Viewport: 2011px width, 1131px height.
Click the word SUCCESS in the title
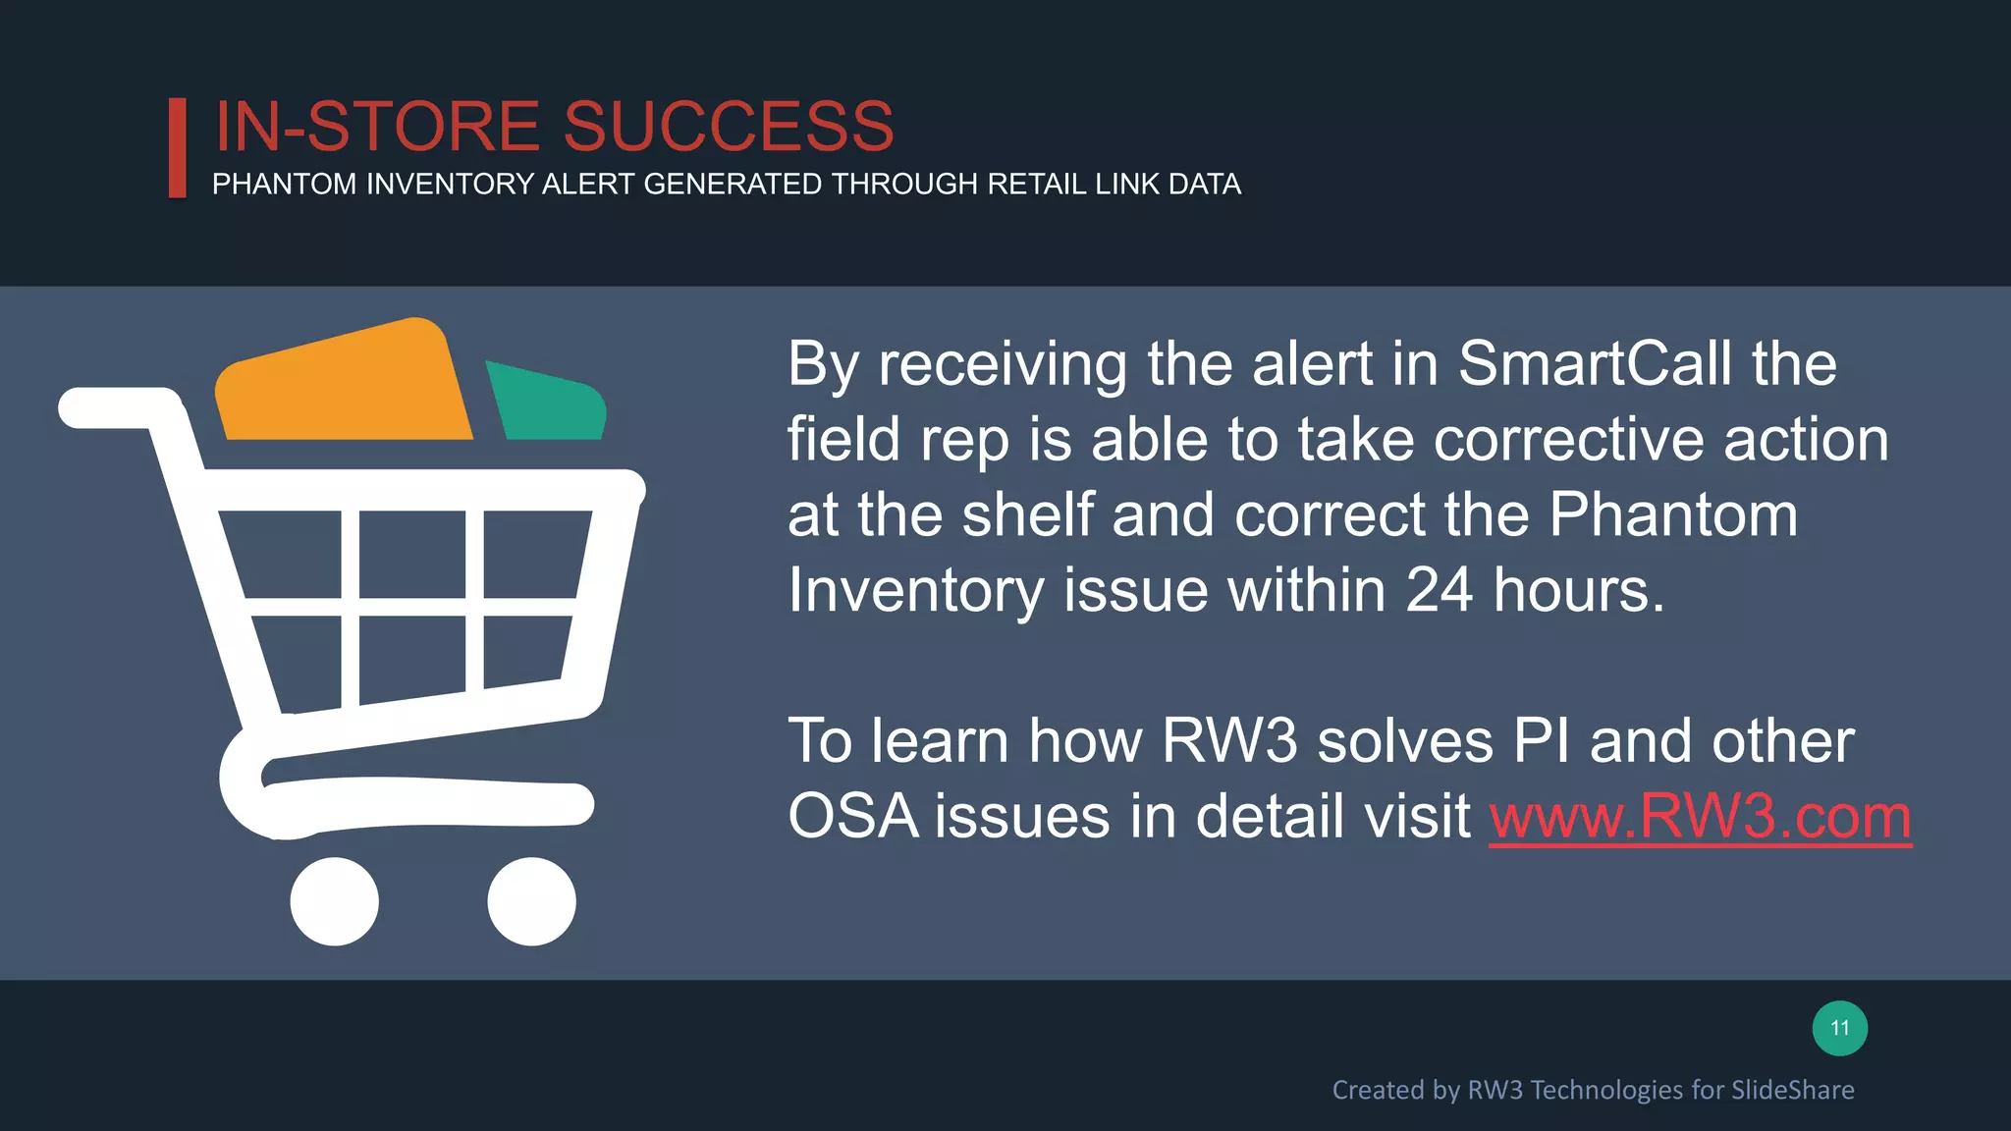pyautogui.click(x=728, y=127)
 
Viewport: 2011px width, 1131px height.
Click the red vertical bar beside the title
pyautogui.click(x=178, y=147)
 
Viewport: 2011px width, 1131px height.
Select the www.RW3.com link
pyautogui.click(x=1700, y=817)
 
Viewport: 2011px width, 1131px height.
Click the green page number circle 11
pyautogui.click(x=1839, y=1028)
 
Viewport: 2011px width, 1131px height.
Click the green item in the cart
pyautogui.click(x=546, y=404)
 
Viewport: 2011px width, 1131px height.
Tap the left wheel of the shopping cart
pyautogui.click(x=335, y=901)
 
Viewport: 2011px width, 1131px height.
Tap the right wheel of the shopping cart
pyautogui.click(x=531, y=901)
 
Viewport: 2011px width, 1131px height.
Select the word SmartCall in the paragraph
pyautogui.click(x=1595, y=364)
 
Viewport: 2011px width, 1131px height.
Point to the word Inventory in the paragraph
pyautogui.click(x=915, y=592)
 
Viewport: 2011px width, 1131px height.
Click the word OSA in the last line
pyautogui.click(x=852, y=817)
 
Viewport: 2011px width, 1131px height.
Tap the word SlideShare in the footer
pyautogui.click(x=1792, y=1090)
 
